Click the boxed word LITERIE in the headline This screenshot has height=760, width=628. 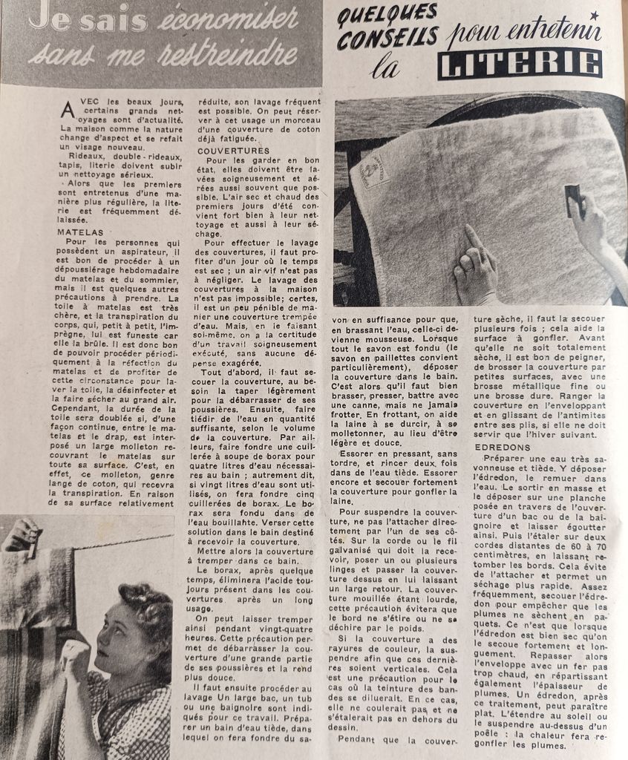coord(519,64)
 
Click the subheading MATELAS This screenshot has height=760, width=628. coord(80,232)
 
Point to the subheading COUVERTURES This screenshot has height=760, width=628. coord(233,151)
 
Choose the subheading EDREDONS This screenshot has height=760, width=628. coord(505,448)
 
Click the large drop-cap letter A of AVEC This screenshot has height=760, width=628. coord(68,110)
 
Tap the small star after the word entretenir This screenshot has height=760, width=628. coord(594,15)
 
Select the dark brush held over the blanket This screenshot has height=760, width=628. coord(574,200)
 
